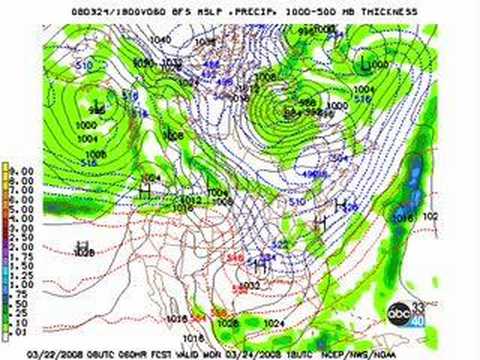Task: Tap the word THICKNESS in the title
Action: [x=384, y=11]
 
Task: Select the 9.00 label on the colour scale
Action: [x=21, y=171]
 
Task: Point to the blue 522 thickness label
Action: [x=281, y=243]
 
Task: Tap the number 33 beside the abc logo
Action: [x=420, y=308]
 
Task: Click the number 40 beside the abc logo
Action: [x=420, y=320]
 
